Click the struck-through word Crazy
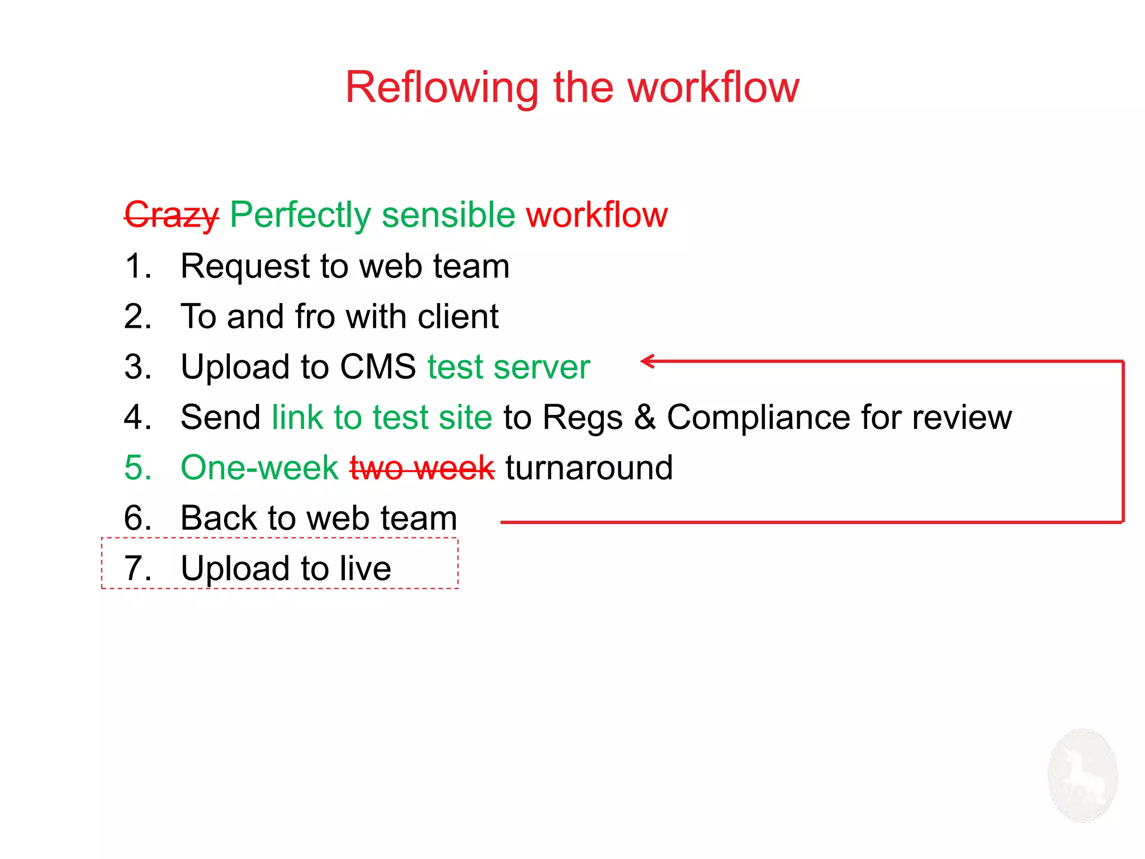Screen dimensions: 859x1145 tap(172, 215)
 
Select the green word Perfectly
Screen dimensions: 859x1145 tap(300, 215)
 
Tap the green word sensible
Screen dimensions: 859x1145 tap(448, 215)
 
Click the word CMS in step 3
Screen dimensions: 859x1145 tap(377, 367)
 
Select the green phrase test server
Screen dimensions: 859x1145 tap(509, 367)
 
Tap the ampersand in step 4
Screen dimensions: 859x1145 tap(645, 417)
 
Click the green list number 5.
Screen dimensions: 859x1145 tap(137, 468)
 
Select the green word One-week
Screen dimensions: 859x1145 tap(259, 468)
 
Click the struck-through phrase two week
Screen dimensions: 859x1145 tap(422, 468)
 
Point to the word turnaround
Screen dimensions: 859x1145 tap(589, 468)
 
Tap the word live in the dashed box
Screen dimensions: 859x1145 tap(366, 568)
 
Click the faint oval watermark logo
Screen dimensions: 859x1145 tap(1082, 775)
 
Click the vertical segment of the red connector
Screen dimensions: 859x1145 tap(1123, 442)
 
